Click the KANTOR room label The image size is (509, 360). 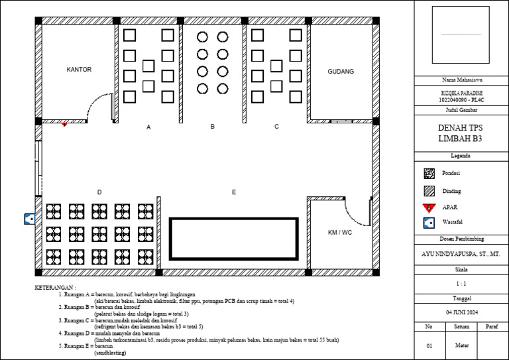[x=79, y=70]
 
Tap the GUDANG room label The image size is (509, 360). [x=341, y=72]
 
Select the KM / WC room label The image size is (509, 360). [x=340, y=233]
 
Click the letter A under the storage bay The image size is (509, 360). [x=148, y=127]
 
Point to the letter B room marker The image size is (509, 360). [x=213, y=126]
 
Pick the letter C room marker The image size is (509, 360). [x=276, y=126]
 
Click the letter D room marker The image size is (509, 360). [x=99, y=192]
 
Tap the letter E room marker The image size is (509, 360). [x=233, y=192]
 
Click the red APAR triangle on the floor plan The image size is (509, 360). [x=64, y=124]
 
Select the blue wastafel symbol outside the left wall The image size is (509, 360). [x=29, y=217]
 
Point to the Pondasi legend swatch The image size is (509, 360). [x=429, y=174]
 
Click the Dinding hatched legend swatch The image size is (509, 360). [x=429, y=191]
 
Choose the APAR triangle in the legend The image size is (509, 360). [x=429, y=207]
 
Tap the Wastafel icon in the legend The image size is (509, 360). [x=429, y=223]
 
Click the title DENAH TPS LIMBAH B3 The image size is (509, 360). [x=461, y=133]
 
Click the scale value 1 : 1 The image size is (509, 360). [x=461, y=284]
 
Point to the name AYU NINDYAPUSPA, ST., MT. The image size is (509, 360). [x=461, y=254]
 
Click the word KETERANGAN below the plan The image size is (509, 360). [x=55, y=288]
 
